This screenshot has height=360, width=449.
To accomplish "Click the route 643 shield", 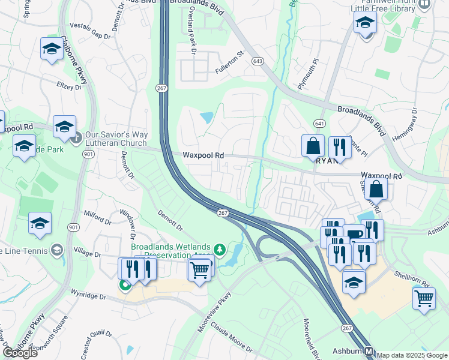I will coord(258,61).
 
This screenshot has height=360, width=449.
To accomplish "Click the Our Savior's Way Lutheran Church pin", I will coord(76,139).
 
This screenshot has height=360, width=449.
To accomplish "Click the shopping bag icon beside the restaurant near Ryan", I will coord(313,146).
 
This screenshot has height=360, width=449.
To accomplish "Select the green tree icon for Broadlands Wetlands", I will coord(220,248).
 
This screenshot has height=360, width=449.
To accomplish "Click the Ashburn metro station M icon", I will coord(369,352).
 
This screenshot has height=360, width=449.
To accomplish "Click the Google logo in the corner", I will coord(20,353).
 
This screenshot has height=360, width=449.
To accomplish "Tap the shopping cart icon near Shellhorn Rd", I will coord(424,298).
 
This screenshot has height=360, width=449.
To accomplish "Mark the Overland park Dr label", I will coord(191,39).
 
